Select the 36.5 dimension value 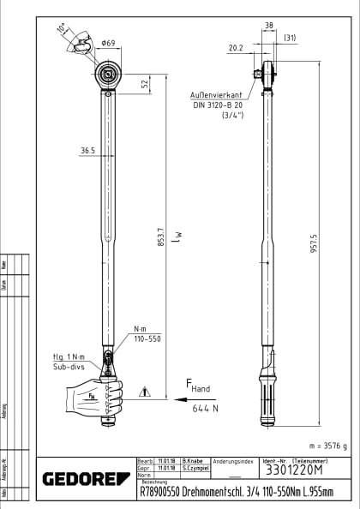click(x=87, y=151)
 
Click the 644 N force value click(x=203, y=410)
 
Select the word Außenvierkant click(x=215, y=96)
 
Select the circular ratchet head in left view click(x=109, y=75)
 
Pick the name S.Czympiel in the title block click(x=192, y=470)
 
